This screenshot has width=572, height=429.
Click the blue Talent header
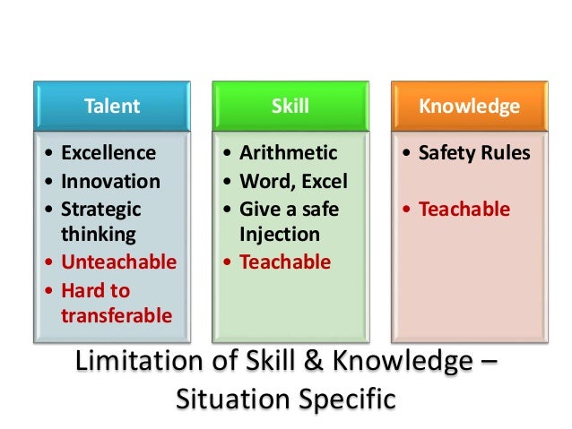[x=111, y=107]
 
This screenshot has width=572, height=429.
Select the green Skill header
[x=290, y=107]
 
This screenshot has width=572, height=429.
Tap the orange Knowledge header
[x=468, y=107]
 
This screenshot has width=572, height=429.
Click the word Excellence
[x=108, y=153]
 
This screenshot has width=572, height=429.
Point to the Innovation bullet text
[x=110, y=181]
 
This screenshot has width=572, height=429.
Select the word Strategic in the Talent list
[x=100, y=209]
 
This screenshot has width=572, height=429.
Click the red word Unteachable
[x=118, y=262]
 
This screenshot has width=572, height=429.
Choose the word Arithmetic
[x=288, y=153]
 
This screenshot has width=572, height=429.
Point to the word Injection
[x=279, y=235]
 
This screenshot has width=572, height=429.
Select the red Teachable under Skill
[x=285, y=262]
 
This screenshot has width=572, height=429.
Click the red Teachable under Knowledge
[x=464, y=209]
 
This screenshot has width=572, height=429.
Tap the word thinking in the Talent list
[x=98, y=235]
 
